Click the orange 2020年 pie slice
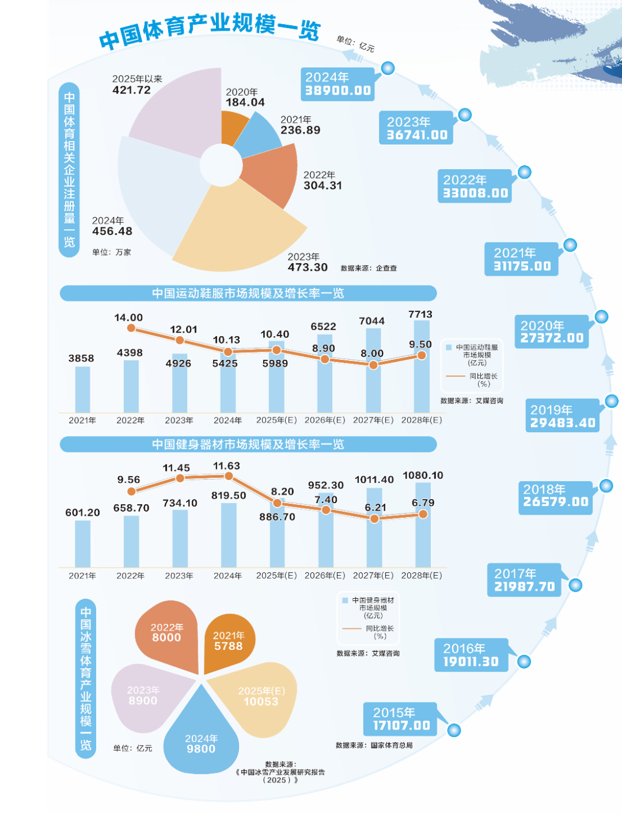pos(233,127)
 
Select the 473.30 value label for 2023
pos(308,267)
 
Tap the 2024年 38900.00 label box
pos(338,84)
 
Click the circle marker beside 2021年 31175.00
pos(570,245)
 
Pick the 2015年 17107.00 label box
pos(401,719)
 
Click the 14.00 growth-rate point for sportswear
pos(131,328)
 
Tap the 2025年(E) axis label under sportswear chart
pos(276,420)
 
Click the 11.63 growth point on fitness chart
pos(229,476)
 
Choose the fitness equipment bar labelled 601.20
pos(82,543)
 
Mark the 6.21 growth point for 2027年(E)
pos(374,519)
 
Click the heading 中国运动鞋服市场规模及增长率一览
pos(248,294)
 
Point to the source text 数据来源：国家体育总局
pos(374,745)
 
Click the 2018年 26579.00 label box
pos(555,496)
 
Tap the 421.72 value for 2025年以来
pos(132,90)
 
